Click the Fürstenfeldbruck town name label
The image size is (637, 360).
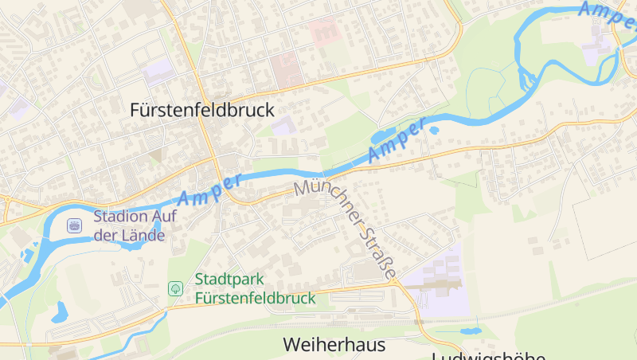[x=201, y=111]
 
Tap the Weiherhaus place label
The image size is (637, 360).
[x=334, y=345]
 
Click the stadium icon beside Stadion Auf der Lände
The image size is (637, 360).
[x=74, y=226]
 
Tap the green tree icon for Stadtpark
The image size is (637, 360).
[x=175, y=288]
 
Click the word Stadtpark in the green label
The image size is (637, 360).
[x=229, y=280]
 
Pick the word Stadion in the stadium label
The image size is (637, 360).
[x=119, y=217]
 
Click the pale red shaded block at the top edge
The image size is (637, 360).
[x=324, y=31]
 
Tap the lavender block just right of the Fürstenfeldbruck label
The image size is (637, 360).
[x=282, y=125]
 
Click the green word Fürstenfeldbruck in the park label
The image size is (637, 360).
[x=255, y=298]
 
